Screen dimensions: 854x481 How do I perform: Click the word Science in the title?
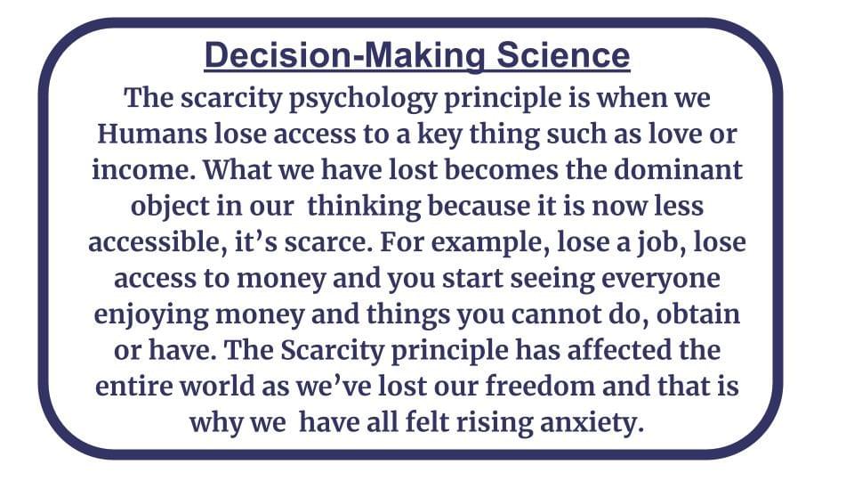tap(563, 55)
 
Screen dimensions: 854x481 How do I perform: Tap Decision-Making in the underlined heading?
tap(344, 56)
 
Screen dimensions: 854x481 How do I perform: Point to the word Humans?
tap(152, 134)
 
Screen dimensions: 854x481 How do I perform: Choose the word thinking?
tap(363, 207)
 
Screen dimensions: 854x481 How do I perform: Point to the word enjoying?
tap(150, 315)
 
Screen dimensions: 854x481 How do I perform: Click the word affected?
tap(619, 349)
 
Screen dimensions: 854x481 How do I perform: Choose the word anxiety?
tap(592, 422)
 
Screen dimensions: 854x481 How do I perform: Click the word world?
tap(218, 386)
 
